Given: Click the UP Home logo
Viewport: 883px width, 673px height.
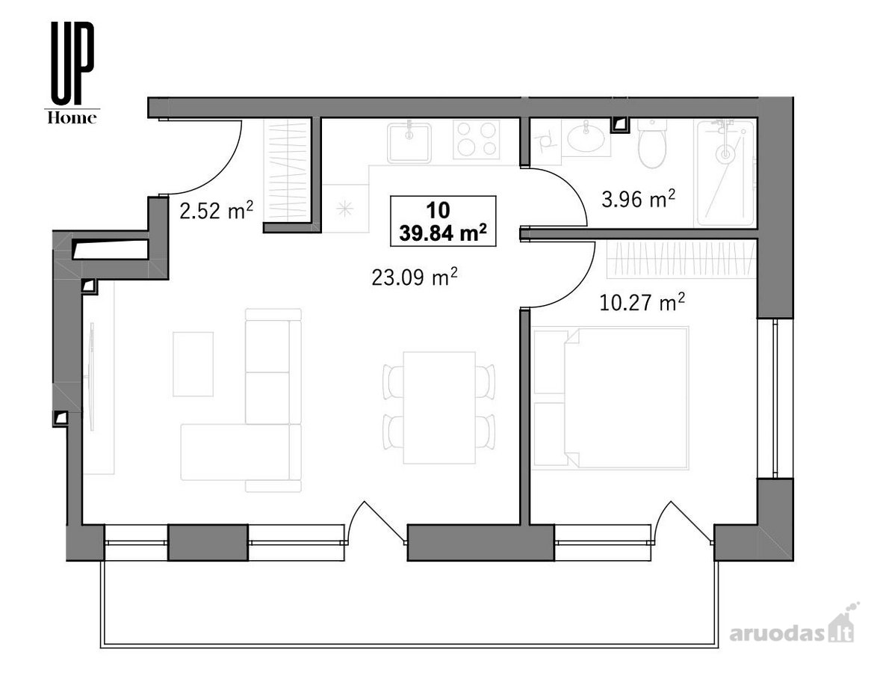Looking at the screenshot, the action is point(72,73).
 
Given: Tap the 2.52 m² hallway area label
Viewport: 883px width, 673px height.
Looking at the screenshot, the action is point(216,211).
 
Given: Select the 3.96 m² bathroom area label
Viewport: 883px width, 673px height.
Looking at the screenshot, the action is point(638,198).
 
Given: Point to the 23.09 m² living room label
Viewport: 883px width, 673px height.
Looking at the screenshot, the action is point(414,276).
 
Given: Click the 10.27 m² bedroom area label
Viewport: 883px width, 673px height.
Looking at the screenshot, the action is point(642,302).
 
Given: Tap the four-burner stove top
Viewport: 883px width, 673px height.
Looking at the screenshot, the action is point(477,140).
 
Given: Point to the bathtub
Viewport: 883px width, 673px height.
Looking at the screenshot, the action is point(726,173).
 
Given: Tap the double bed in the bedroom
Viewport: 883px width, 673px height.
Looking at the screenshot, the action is point(611,398).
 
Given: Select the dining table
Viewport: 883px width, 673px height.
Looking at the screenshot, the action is point(440,408).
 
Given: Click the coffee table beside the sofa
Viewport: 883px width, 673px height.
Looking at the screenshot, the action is point(193,364).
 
